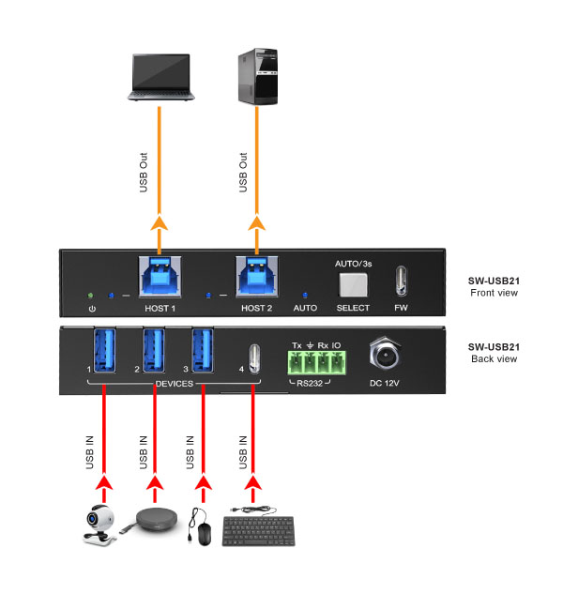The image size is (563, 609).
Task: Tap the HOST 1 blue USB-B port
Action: pos(158,276)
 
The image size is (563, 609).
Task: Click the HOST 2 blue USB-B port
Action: pos(254,276)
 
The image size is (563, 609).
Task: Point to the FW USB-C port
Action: pos(401,280)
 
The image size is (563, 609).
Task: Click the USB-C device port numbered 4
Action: pos(251,358)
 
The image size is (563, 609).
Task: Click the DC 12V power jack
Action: pos(386,356)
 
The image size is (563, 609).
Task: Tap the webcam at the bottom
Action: pos(100,525)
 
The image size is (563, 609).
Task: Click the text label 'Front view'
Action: pos(494,293)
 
